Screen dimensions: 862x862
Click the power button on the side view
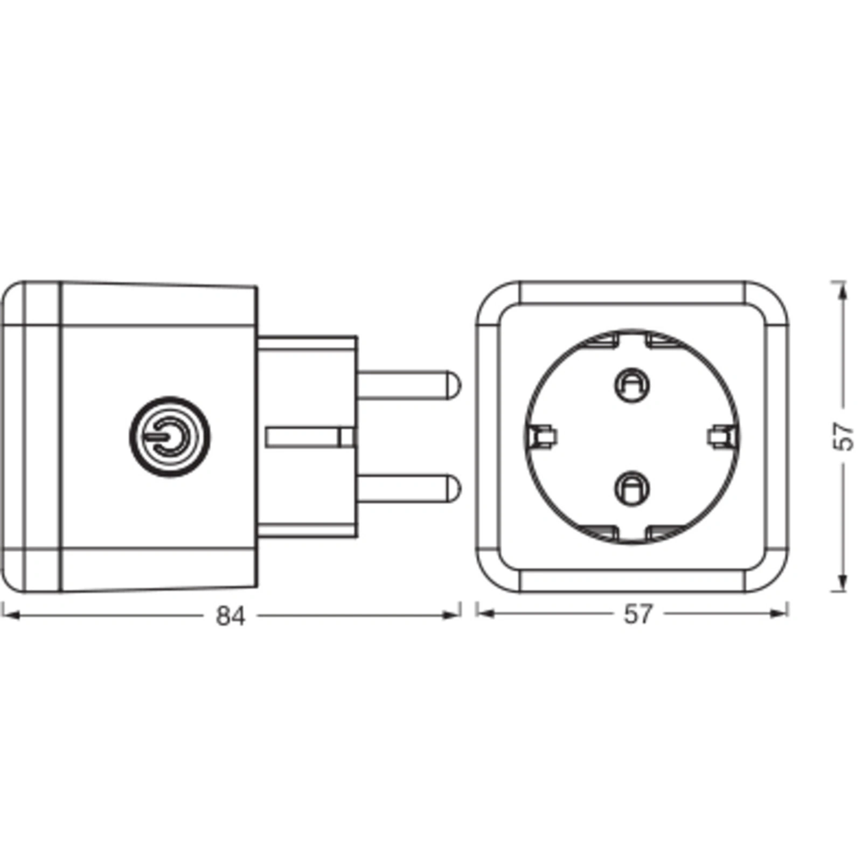pos(170,436)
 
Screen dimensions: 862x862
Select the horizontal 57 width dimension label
pos(638,615)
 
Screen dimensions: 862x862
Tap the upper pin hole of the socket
pos(632,385)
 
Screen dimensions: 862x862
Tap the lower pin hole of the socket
pos(632,488)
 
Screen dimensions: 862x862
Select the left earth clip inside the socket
pos(543,436)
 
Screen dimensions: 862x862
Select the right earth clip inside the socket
pos(721,436)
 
